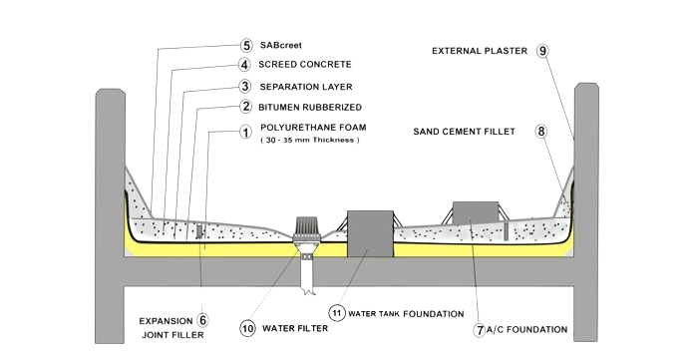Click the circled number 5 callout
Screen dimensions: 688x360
pos(246,45)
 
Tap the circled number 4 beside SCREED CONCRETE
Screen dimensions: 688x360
pos(244,65)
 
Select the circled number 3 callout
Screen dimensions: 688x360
pos(245,86)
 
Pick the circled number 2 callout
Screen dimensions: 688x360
pos(246,107)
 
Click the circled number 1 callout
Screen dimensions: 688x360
pos(245,132)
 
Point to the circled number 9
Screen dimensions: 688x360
pos(542,51)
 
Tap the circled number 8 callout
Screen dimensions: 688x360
pos(541,132)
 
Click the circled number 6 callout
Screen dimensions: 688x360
pos(202,320)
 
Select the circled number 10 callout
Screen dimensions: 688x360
pos(248,328)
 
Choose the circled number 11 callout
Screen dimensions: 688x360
pos(337,312)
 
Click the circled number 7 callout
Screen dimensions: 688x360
pos(480,330)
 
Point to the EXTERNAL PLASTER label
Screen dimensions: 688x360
pos(480,51)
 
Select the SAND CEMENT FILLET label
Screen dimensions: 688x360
pos(465,132)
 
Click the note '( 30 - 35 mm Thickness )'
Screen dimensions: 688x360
pos(310,140)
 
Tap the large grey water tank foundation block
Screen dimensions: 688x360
pos(370,234)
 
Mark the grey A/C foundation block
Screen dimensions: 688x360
pos(476,212)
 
